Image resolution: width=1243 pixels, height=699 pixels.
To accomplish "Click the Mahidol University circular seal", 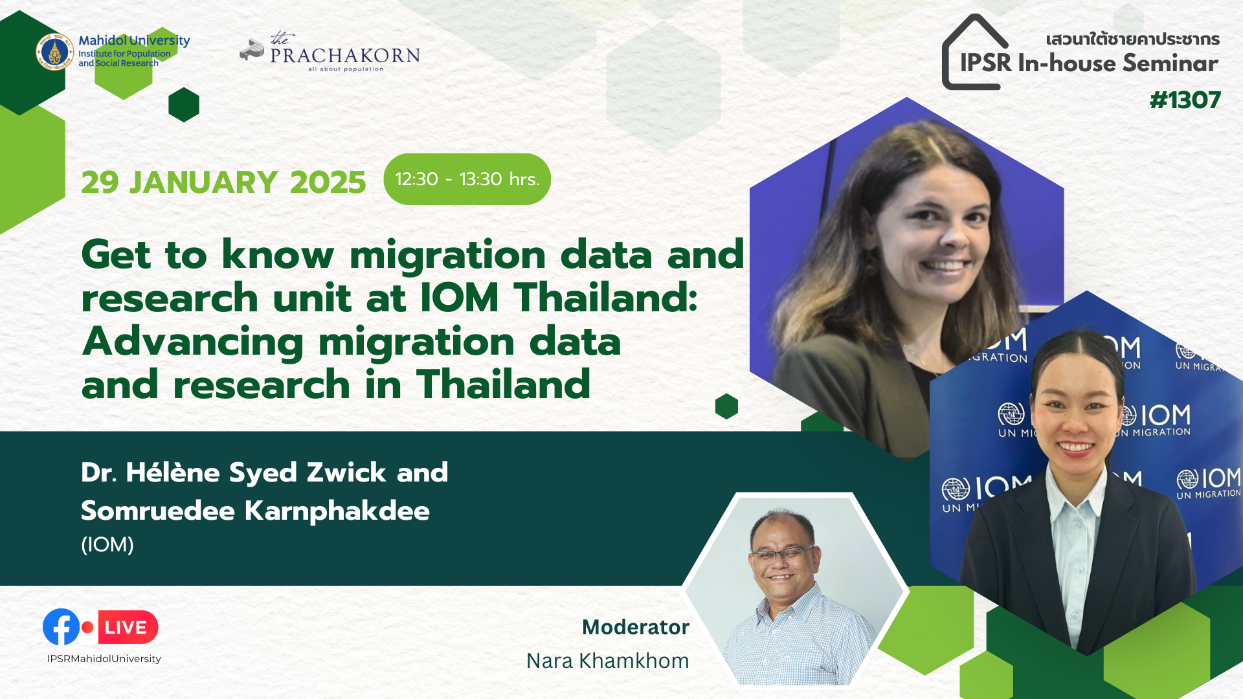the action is click(54, 51).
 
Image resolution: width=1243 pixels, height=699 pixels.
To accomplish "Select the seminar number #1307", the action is click(1185, 100).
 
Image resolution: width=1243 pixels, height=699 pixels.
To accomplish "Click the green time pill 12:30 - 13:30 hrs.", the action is click(467, 179).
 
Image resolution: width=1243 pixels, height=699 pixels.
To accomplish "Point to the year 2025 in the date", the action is click(328, 183).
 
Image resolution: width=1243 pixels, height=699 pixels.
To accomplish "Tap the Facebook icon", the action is click(61, 627).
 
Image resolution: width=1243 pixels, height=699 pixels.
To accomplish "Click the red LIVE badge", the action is click(128, 627).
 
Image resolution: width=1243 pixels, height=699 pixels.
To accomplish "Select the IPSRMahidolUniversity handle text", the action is click(104, 659).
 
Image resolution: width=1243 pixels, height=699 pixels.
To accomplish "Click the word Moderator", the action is click(635, 627).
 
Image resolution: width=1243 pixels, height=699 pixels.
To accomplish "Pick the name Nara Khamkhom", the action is click(607, 661).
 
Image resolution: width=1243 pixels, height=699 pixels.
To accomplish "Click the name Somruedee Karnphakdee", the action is click(255, 511).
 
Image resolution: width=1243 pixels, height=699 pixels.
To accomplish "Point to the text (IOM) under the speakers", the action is click(107, 545).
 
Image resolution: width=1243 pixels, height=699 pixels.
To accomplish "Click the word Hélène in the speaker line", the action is click(173, 472).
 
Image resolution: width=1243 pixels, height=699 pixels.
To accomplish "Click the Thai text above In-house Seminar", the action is click(1132, 39).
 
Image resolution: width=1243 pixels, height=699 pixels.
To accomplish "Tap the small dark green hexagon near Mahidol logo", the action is click(184, 105).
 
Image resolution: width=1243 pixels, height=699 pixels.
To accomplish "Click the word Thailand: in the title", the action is click(606, 298).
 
